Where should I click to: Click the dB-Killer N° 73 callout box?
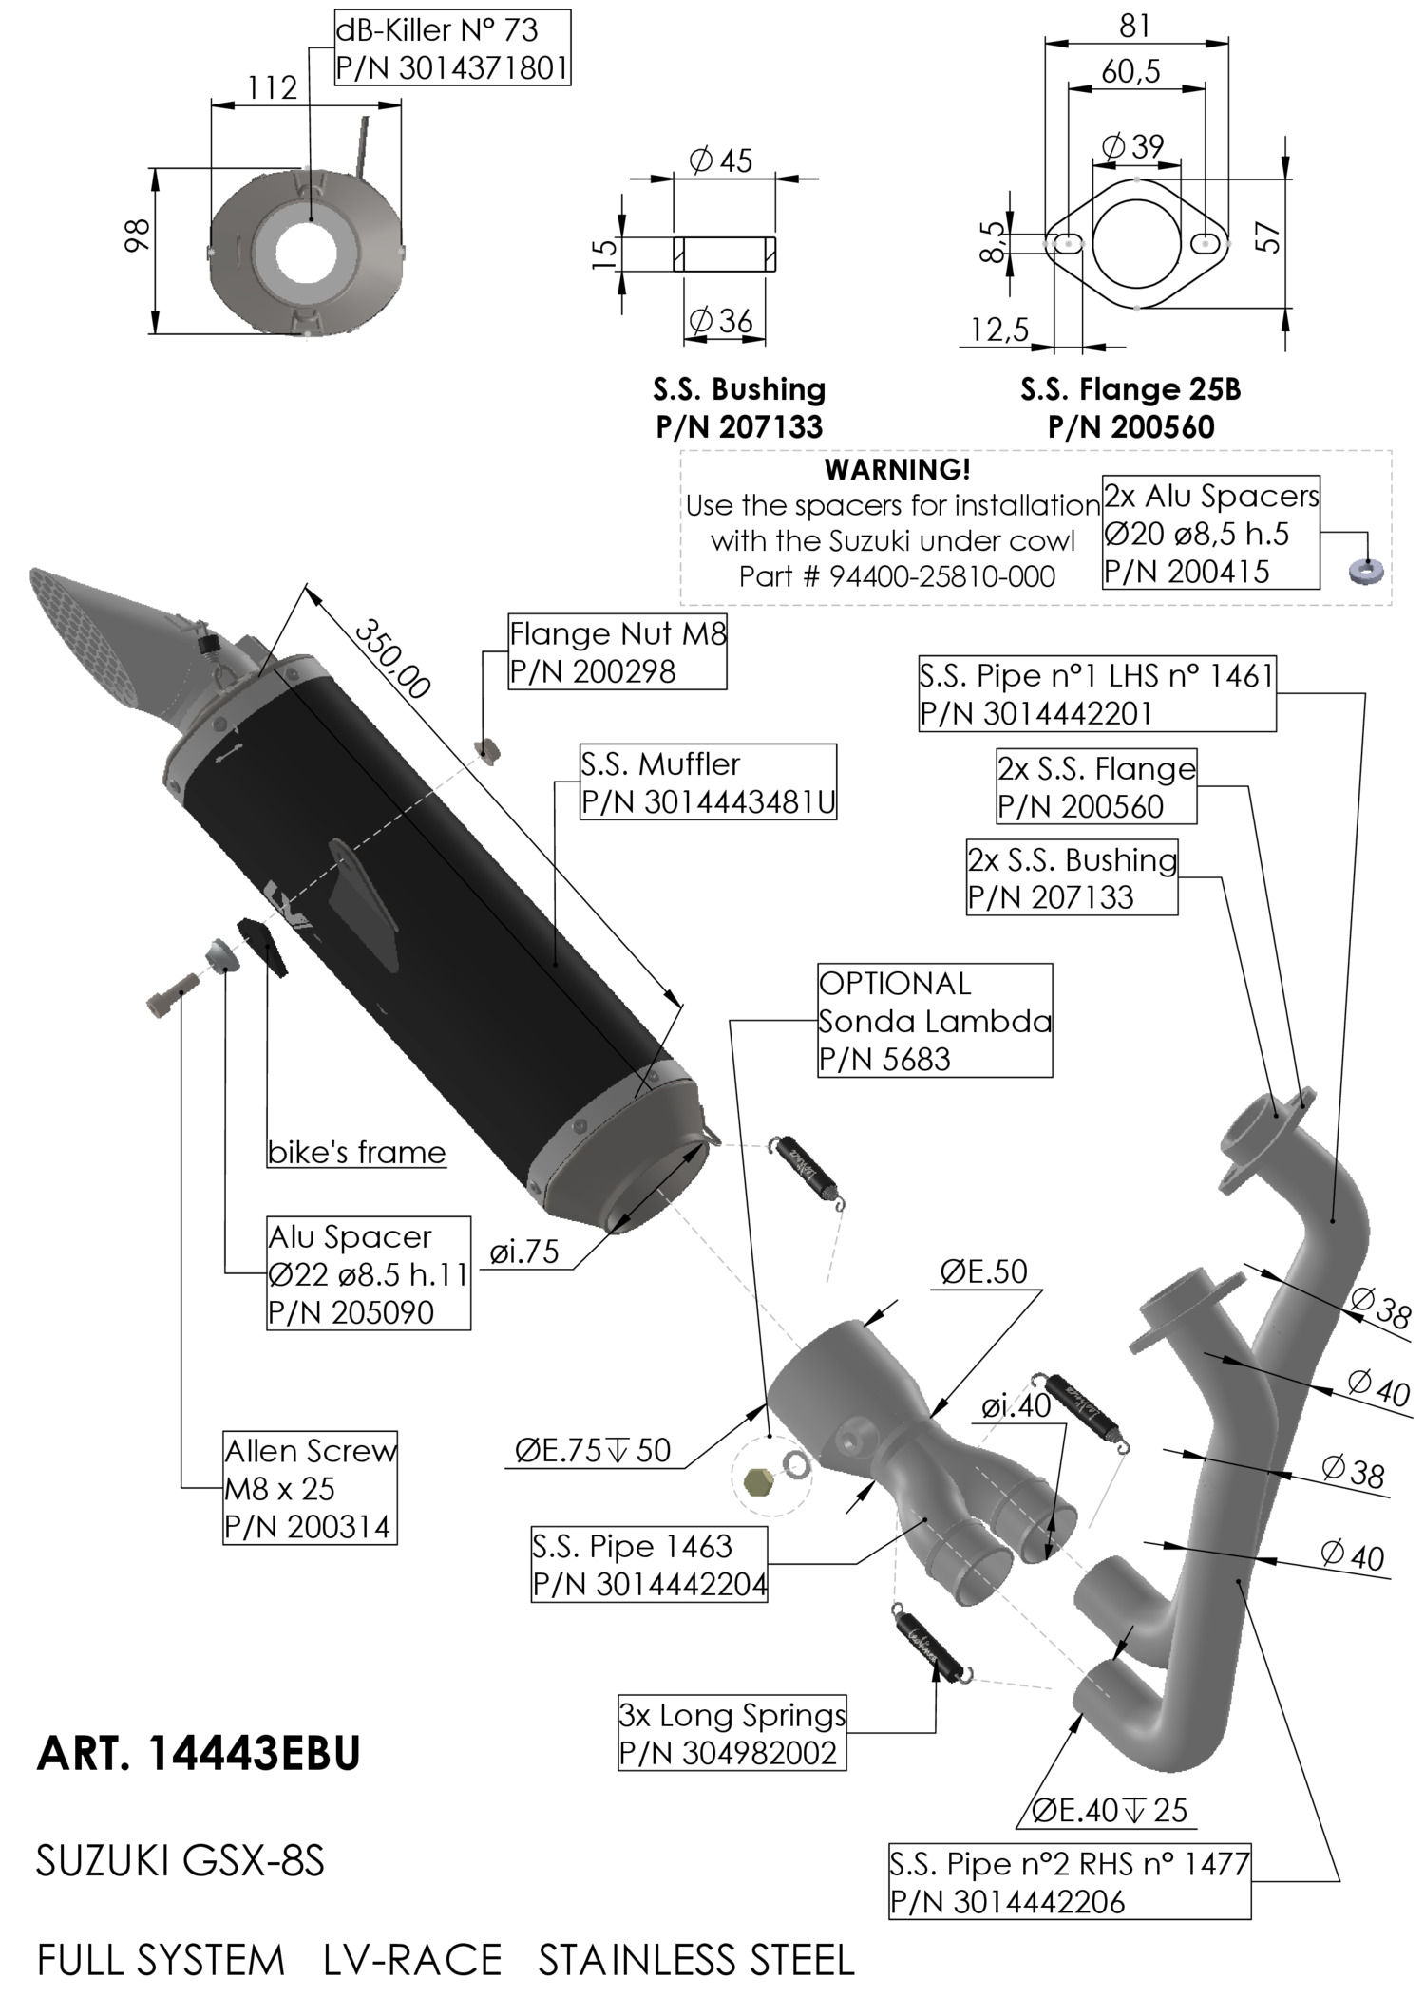452,48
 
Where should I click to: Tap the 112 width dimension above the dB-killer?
273,88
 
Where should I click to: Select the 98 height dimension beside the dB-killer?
138,235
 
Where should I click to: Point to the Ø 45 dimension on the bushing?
721,160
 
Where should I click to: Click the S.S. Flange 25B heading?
1130,389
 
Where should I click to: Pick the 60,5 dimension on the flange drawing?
1130,71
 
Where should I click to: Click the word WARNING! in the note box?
897,469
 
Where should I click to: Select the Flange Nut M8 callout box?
617,652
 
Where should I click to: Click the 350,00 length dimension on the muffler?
392,658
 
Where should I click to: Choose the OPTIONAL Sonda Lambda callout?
935,1021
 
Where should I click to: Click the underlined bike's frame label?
356,1153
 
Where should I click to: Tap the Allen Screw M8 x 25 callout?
310,1488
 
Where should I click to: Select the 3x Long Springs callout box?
731,1734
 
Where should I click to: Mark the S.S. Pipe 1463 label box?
649,1565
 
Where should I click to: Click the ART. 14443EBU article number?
199,1753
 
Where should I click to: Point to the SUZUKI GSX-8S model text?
180,1862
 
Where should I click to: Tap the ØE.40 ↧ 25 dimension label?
1110,1811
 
